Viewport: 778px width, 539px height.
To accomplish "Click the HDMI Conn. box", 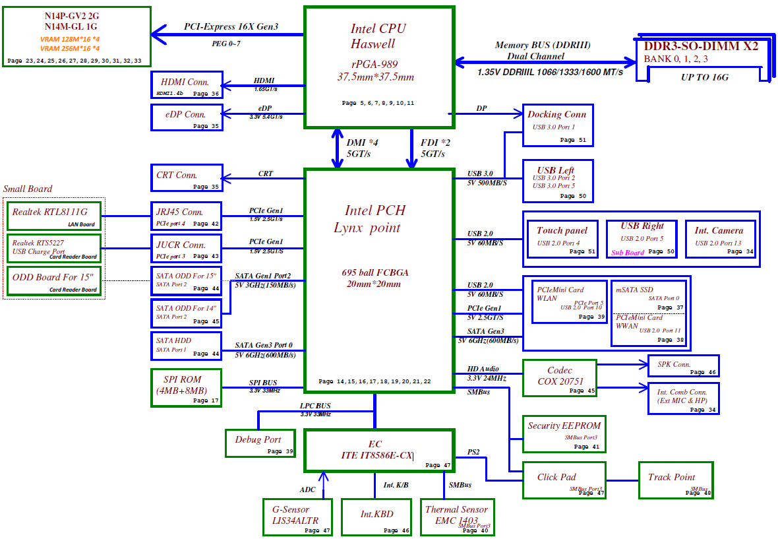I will (186, 86).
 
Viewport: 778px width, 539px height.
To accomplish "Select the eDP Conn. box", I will (186, 117).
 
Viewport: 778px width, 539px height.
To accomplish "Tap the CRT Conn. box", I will (186, 178).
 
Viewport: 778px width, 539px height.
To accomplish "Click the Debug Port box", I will (260, 443).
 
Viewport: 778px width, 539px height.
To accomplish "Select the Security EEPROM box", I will (564, 433).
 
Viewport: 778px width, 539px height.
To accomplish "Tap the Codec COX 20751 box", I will (559, 378).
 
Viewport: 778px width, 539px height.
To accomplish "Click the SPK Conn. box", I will (683, 365).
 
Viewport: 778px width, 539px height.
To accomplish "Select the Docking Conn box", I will (558, 125).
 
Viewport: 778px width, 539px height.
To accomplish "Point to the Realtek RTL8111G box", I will (54, 216).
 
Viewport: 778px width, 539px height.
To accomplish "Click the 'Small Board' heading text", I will (28, 189).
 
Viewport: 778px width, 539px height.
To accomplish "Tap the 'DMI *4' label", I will (363, 142).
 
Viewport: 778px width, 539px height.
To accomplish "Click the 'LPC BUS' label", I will (315, 405).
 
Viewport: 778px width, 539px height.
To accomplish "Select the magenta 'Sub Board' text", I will (628, 253).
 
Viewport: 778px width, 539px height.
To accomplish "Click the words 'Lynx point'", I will (367, 228).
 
